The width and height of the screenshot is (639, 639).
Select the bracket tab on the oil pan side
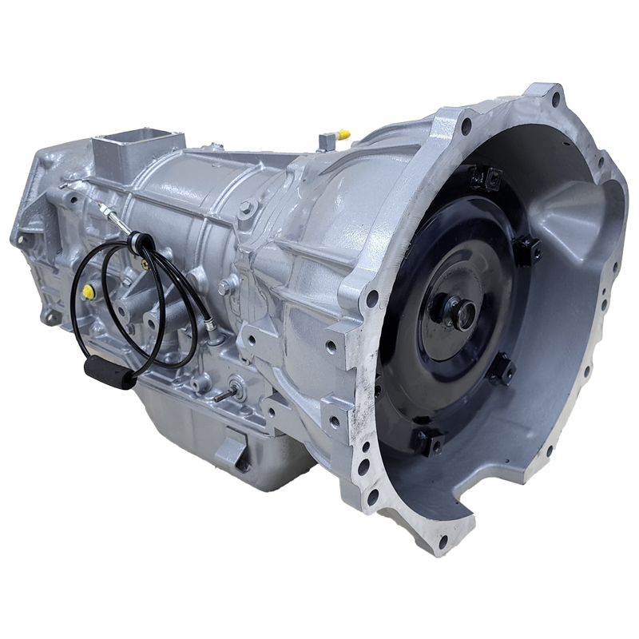tap(232, 447)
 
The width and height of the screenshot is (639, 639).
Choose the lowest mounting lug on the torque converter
tap(424, 439)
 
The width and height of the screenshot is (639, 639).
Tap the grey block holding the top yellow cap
tap(327, 141)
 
